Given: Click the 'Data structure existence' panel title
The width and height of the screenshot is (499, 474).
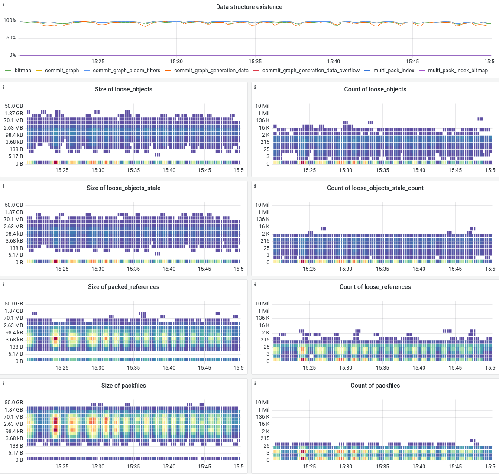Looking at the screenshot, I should [249, 7].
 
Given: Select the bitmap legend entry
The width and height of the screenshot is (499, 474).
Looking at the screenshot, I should [23, 71].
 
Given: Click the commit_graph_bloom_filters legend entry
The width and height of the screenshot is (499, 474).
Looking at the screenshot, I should [126, 71].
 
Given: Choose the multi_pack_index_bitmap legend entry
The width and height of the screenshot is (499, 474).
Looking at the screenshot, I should [457, 71].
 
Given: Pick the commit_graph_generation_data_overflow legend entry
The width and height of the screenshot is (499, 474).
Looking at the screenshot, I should [311, 71].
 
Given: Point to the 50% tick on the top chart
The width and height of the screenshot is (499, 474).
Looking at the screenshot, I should [11, 38].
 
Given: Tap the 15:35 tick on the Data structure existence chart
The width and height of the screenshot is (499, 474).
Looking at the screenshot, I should [255, 62].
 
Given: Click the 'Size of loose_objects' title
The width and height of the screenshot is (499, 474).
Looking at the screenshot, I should [123, 89].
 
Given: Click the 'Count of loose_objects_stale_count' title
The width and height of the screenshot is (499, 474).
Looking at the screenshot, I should [375, 188].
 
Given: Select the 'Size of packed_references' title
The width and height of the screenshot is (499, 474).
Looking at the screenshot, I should [123, 287].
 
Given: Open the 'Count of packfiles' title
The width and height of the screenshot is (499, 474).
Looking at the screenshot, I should [375, 386].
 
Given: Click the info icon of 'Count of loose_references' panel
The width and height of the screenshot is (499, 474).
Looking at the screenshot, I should [255, 285].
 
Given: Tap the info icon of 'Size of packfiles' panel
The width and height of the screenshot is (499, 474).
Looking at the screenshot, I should [3, 383].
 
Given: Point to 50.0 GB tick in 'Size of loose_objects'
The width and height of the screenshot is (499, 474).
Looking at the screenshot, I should [14, 106].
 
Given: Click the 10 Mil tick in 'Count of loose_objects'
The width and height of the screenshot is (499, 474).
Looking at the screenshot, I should [262, 106].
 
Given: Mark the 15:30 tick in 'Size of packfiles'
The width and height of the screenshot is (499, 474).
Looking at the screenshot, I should [98, 467].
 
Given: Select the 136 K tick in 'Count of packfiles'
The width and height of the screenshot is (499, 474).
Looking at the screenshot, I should [262, 417].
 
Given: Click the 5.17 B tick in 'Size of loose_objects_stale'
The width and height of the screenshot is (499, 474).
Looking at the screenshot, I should [16, 255].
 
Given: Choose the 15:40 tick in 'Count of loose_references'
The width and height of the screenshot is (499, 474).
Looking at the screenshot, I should [419, 368].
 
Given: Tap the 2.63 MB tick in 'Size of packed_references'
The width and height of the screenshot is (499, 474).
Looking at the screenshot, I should [13, 325].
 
